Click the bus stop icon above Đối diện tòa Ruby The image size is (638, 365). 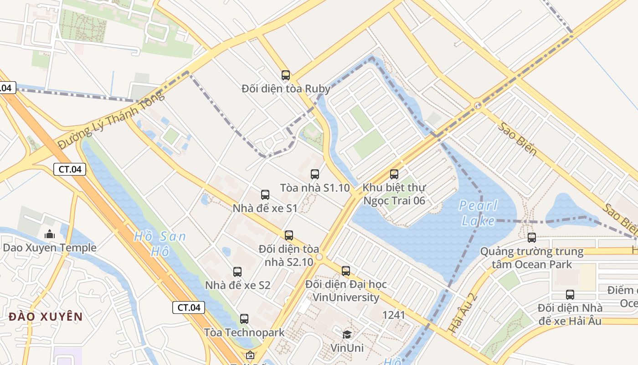click(286, 75)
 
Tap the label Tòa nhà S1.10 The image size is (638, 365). click(315, 188)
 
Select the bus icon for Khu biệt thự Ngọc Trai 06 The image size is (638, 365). click(394, 174)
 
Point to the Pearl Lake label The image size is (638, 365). click(478, 213)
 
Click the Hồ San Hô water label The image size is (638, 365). click(160, 244)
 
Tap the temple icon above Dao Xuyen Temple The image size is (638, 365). click(50, 235)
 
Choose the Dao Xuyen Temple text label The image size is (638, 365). click(50, 248)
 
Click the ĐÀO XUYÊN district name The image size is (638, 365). click(46, 317)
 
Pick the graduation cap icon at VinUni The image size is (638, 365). click(347, 334)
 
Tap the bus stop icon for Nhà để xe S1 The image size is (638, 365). click(265, 195)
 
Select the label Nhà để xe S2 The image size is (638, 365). click(238, 285)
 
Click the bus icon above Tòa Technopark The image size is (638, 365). click(244, 319)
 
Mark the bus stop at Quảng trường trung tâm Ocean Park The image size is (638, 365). click(532, 238)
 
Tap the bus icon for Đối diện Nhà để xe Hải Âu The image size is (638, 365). click(570, 295)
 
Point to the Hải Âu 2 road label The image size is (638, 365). click(462, 312)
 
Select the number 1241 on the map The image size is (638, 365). click(394, 315)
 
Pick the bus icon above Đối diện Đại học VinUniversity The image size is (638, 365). click(346, 271)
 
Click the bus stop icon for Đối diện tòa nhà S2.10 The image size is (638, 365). click(289, 235)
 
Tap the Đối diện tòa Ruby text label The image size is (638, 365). click(286, 89)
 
